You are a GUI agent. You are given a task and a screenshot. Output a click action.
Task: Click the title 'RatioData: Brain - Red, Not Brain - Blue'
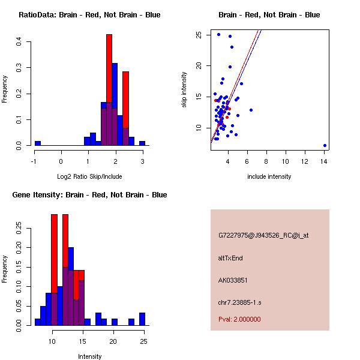click(89, 15)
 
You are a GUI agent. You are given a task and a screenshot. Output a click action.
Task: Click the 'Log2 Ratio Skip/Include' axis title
click(89, 176)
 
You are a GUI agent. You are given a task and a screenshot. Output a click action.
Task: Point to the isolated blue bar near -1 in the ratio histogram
click(38, 143)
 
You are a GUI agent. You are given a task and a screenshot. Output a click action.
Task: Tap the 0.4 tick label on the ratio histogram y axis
click(19, 42)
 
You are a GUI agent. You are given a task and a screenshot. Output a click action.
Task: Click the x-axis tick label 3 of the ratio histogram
click(142, 161)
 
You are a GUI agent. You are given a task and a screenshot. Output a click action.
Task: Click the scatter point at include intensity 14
click(325, 145)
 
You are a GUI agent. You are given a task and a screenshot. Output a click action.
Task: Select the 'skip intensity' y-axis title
click(184, 90)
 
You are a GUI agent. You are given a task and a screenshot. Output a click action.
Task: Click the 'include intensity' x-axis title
click(269, 176)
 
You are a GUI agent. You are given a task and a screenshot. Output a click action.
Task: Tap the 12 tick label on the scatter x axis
click(305, 161)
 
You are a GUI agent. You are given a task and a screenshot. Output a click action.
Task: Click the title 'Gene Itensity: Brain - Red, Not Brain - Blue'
click(89, 195)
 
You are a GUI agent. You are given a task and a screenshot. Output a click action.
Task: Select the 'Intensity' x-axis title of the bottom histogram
click(89, 356)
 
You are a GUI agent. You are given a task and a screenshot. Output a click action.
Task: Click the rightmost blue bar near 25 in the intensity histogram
click(142, 319)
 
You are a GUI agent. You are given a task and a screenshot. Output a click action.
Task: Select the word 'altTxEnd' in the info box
click(230, 259)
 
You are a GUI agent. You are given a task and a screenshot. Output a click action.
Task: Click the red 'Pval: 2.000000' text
click(239, 319)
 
